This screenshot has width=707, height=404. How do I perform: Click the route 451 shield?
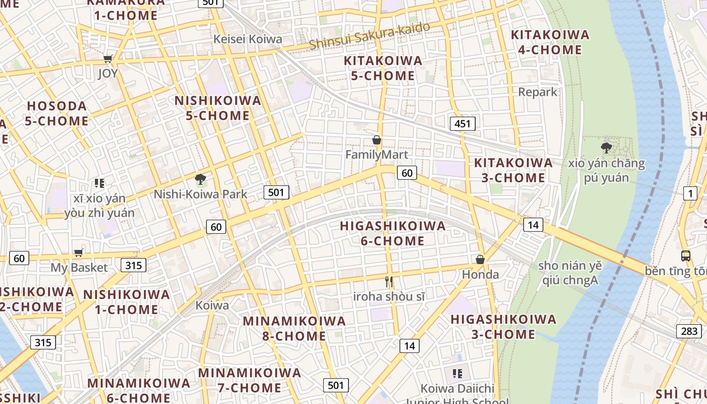click(462, 124)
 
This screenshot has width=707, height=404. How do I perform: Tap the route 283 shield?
click(689, 331)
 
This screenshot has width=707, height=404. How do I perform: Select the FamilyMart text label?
click(376, 155)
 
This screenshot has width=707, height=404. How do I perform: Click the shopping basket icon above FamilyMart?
click(376, 140)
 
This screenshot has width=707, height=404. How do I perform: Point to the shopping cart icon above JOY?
click(108, 59)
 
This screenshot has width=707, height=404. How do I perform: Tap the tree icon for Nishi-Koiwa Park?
click(200, 179)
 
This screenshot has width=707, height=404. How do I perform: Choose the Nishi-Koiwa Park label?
click(200, 194)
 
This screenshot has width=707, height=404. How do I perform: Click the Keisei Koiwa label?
click(247, 39)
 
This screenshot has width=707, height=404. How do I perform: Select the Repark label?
click(537, 92)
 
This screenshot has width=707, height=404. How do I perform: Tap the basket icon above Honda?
click(480, 260)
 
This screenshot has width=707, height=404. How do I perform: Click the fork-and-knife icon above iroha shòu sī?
click(389, 282)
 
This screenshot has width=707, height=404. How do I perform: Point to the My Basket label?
click(79, 268)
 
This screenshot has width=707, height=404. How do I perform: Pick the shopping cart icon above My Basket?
click(78, 252)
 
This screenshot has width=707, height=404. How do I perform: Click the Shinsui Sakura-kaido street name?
click(370, 35)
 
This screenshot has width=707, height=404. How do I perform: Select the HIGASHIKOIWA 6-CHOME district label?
click(392, 233)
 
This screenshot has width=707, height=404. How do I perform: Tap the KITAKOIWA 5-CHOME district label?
click(383, 68)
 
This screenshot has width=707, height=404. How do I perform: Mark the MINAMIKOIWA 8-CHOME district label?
click(294, 328)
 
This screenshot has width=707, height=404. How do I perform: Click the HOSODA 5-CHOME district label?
click(57, 114)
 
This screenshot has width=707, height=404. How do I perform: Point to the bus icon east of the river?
click(685, 256)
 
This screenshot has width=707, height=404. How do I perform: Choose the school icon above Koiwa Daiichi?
click(458, 374)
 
